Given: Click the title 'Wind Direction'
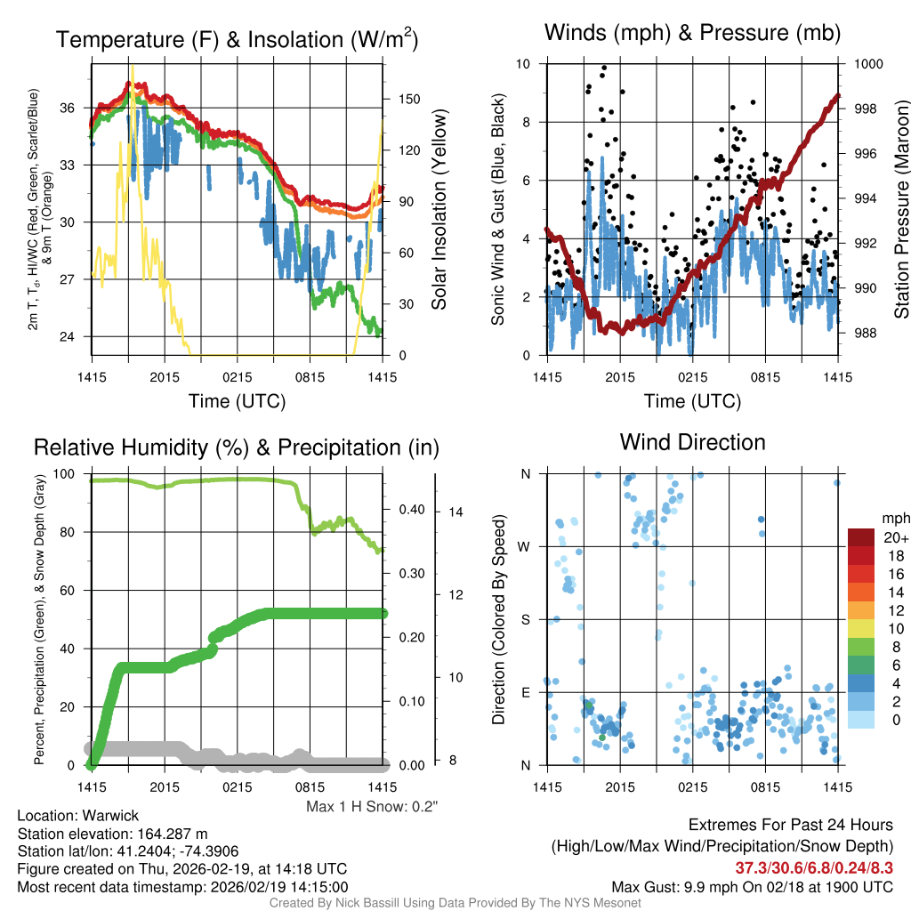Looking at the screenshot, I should coord(692,442).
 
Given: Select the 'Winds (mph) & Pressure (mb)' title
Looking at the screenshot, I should coord(692,33).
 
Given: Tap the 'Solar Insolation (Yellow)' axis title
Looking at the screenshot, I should coord(439,210).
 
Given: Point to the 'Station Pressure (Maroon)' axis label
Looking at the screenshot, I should coord(901,210).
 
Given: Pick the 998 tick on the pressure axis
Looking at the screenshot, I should coord(866,109).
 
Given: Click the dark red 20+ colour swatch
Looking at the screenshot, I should coord(862,537).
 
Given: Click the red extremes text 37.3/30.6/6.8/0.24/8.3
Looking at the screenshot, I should coord(814,867).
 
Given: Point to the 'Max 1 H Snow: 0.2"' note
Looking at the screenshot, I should coord(372,807).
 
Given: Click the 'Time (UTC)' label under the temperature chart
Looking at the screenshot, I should coord(237,401).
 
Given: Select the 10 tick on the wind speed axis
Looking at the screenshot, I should coord(525,64).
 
